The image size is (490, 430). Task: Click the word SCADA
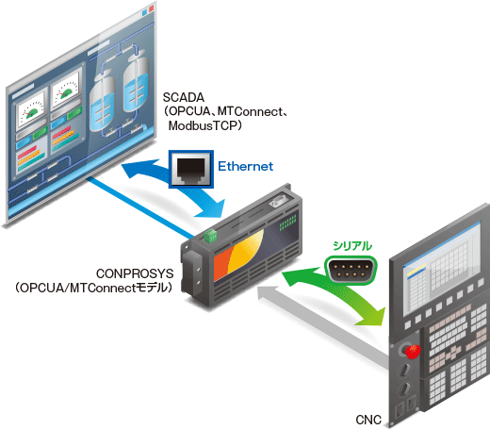[184, 97]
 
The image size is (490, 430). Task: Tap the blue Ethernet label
[246, 166]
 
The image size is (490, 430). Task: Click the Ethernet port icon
[191, 169]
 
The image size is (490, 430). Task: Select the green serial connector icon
[351, 271]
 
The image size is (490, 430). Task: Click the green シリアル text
[352, 246]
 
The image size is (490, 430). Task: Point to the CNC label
[368, 420]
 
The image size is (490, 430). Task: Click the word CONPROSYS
[135, 273]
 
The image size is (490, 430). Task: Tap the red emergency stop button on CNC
[413, 351]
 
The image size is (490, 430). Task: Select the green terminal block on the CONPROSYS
[211, 236]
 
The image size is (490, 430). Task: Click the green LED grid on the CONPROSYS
[288, 223]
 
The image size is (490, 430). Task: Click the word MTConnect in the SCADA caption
[250, 111]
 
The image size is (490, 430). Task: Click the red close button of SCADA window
[152, 8]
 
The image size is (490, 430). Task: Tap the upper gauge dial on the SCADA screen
[66, 91]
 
